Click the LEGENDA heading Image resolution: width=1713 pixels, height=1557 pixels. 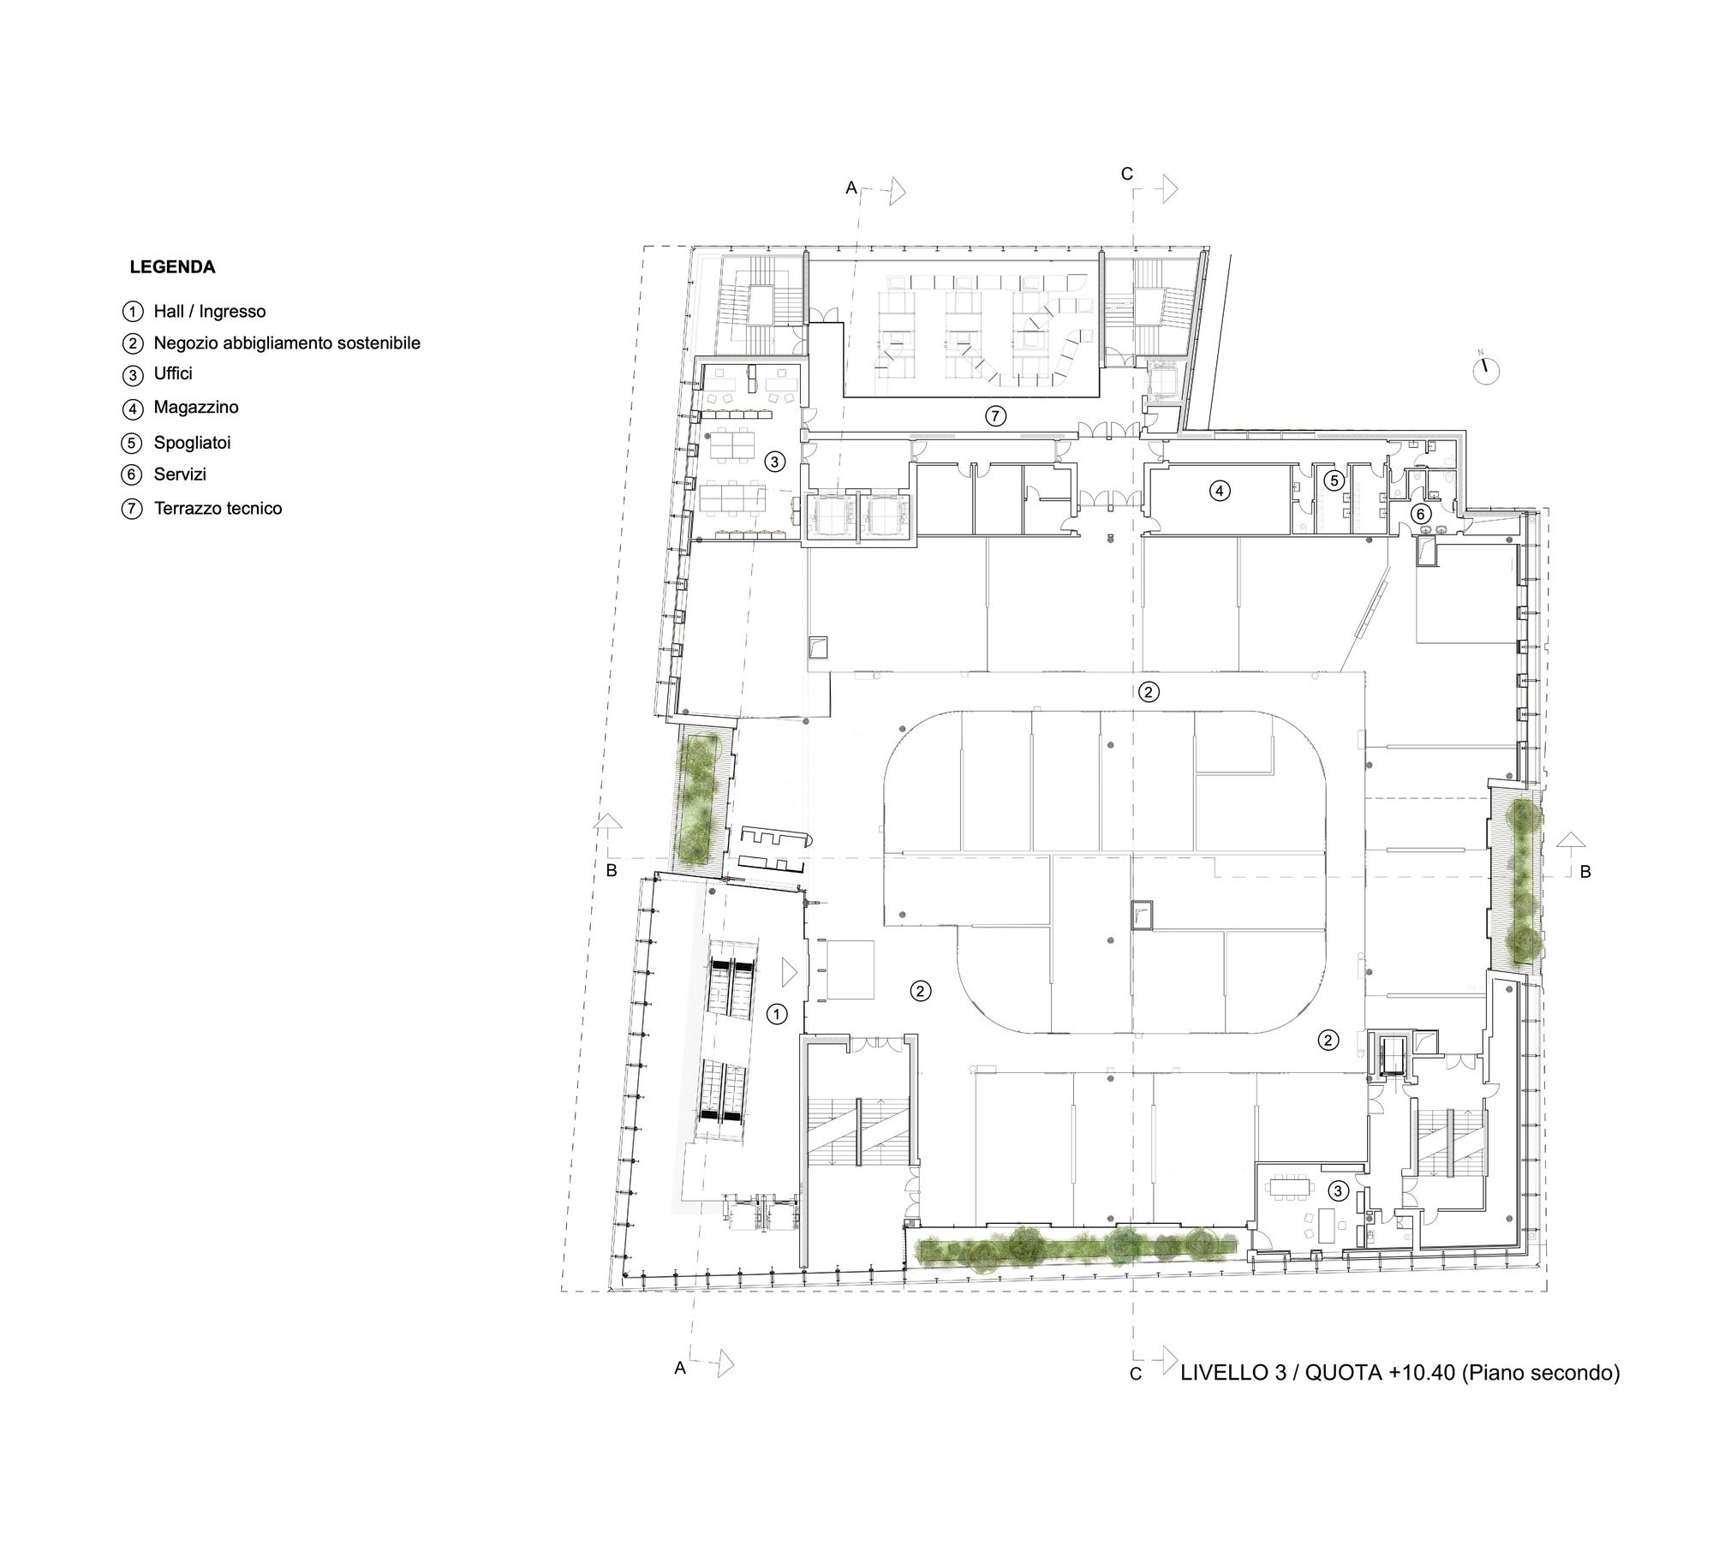(x=172, y=267)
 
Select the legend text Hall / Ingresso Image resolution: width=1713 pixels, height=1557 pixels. (x=210, y=312)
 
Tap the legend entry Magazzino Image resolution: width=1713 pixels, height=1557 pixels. (x=196, y=408)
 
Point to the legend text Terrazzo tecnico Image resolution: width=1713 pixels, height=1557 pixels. (x=218, y=509)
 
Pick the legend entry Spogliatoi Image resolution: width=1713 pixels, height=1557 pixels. (x=193, y=443)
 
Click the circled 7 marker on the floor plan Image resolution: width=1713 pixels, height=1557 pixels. (x=994, y=417)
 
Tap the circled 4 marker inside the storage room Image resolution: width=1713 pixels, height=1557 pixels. (x=1220, y=492)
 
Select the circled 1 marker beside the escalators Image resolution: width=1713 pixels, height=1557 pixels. (x=776, y=1014)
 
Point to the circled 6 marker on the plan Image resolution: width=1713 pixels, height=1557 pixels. (x=1420, y=514)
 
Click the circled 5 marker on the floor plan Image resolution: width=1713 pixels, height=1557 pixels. (x=1334, y=481)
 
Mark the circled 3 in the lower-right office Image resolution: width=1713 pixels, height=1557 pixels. (x=1336, y=1190)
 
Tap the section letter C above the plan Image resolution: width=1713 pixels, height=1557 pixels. (x=1127, y=174)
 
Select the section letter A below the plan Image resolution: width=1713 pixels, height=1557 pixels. (x=680, y=1369)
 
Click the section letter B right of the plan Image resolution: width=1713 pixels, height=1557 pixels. (x=1585, y=872)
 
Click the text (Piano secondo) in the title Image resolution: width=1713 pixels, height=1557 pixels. (x=1540, y=1373)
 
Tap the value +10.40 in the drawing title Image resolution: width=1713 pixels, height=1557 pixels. (x=1422, y=1373)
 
